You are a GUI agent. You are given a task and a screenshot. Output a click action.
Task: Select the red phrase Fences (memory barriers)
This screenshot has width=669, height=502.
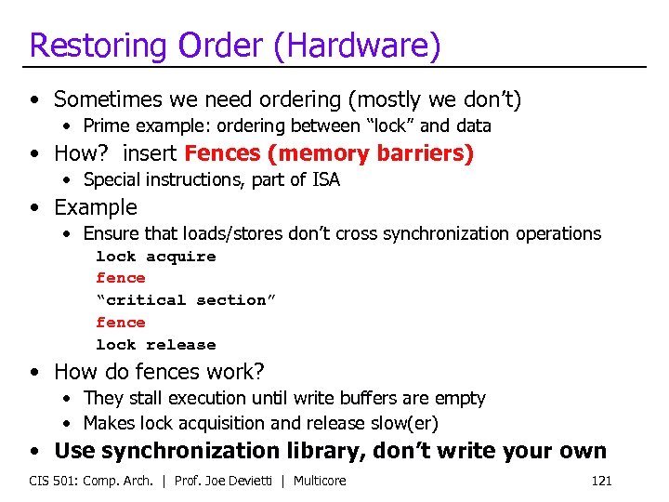coord(329,153)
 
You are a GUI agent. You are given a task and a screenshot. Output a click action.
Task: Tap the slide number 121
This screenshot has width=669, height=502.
coord(601,481)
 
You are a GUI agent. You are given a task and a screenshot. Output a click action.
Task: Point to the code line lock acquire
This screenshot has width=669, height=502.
coord(155,257)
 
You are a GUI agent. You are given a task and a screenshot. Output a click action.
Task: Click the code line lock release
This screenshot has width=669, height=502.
coord(155,345)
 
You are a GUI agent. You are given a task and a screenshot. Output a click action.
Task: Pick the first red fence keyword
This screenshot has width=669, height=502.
coord(121,278)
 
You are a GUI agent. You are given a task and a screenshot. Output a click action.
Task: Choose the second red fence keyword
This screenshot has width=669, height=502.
coord(121,323)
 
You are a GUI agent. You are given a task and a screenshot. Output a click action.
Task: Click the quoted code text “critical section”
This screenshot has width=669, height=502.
coord(186,300)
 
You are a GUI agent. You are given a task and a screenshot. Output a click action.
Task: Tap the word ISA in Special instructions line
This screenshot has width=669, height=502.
coord(325,180)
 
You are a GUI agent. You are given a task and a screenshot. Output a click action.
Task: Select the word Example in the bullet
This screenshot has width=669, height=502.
coord(96,207)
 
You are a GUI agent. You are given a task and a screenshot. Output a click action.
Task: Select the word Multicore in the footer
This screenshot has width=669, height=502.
coord(319,481)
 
